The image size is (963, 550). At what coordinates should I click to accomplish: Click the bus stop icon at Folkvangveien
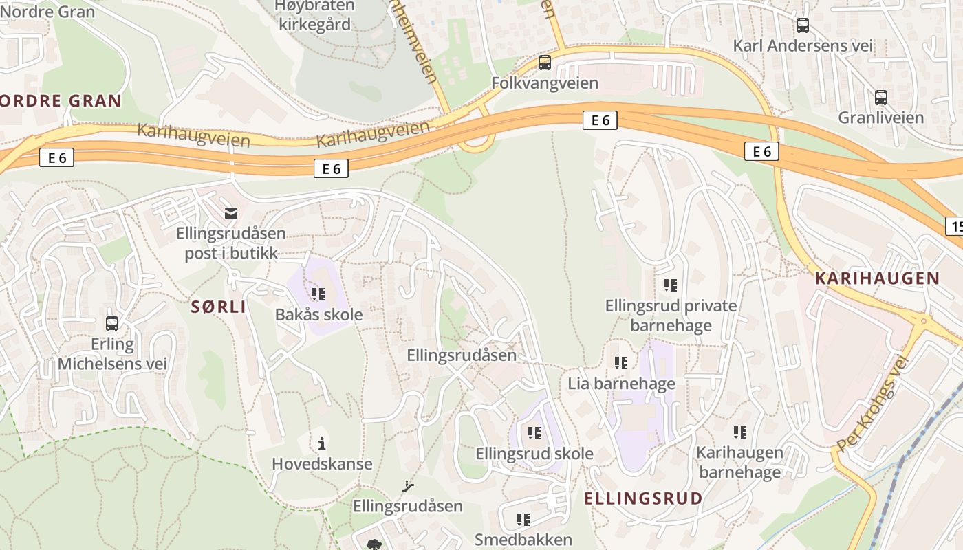coord(545,63)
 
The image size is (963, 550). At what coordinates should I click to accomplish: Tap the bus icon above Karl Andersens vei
coord(802,25)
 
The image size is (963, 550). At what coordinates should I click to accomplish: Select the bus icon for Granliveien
coord(880,98)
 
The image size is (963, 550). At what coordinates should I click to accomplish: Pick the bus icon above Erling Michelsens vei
coord(112,323)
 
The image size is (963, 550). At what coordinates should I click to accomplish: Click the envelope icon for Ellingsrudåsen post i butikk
coord(231,214)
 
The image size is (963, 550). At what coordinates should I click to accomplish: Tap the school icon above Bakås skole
coord(318,294)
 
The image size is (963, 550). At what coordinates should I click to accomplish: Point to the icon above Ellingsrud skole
coord(534,433)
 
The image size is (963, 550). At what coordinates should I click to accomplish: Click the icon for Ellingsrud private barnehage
coord(671,285)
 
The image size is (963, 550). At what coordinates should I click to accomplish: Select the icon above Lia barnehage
coord(621,362)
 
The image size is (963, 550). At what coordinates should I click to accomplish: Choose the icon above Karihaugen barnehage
coord(739,432)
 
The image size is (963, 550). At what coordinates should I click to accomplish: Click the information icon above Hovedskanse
coord(321,443)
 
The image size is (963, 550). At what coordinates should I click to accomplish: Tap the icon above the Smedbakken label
coord(523,519)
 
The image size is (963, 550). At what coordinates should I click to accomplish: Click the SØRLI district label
coord(218,307)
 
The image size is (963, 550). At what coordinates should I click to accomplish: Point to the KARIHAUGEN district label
coord(877,278)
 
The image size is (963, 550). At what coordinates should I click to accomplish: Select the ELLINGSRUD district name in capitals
coord(643,498)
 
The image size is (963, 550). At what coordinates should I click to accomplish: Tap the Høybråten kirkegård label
coord(314,15)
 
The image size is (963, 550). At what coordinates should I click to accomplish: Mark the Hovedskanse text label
coord(322,464)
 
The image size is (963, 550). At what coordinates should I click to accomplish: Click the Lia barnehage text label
coord(621,384)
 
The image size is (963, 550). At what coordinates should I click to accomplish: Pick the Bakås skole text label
coord(318,315)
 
